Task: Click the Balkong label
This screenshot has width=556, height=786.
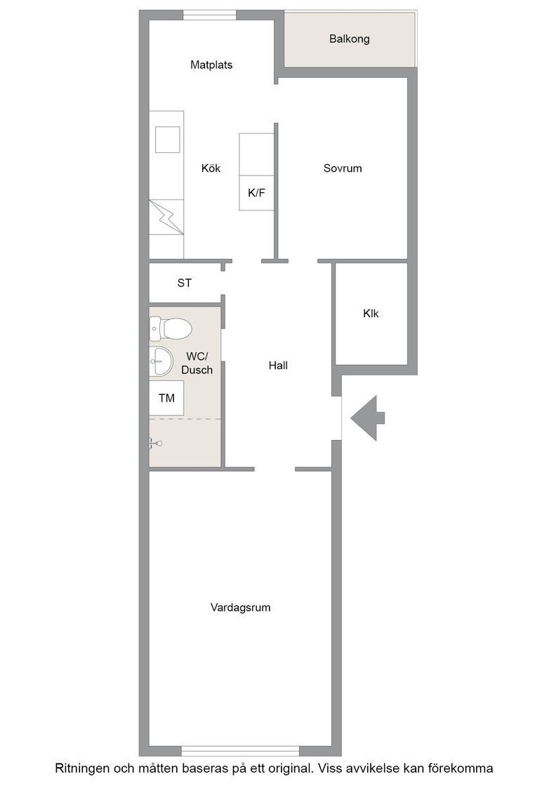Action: point(350,39)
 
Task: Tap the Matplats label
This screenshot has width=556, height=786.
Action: point(211,65)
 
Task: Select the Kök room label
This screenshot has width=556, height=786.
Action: point(211,168)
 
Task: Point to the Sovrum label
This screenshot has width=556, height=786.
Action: point(343,168)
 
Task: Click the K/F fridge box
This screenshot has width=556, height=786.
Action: point(257,193)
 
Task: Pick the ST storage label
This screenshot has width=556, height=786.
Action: point(184,283)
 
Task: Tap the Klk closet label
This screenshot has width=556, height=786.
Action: point(371,313)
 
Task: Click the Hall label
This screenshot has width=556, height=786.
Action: point(278,366)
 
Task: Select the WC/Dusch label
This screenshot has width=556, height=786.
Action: point(197,363)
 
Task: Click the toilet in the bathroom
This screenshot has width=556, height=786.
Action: point(171,329)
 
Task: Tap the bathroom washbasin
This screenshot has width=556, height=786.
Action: point(161,361)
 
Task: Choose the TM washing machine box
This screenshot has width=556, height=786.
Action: point(166,398)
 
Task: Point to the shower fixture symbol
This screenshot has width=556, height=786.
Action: point(155,443)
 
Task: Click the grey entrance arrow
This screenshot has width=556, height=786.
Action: point(368,418)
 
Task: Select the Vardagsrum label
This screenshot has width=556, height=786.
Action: point(241,608)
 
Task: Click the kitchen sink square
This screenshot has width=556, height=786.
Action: point(168,140)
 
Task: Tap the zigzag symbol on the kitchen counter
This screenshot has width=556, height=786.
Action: point(166,217)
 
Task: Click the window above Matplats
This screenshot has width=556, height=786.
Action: point(210,15)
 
